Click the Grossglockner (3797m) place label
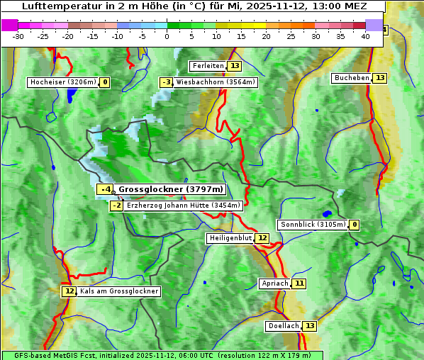click(x=170, y=189)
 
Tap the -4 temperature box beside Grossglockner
click(x=105, y=189)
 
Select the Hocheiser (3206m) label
click(x=62, y=82)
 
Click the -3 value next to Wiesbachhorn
click(x=167, y=82)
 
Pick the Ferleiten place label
click(x=208, y=66)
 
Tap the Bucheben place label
click(x=352, y=77)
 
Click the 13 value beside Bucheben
click(x=380, y=77)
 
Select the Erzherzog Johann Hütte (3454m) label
click(x=184, y=206)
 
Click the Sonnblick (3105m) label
click(x=313, y=225)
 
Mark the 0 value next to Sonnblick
click(x=355, y=225)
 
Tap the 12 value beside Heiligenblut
click(x=262, y=238)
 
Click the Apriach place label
click(x=275, y=283)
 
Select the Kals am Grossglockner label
click(x=118, y=291)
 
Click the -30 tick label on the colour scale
click(x=18, y=36)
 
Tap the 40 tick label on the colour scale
click(x=365, y=36)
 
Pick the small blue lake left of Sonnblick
click(x=327, y=213)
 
